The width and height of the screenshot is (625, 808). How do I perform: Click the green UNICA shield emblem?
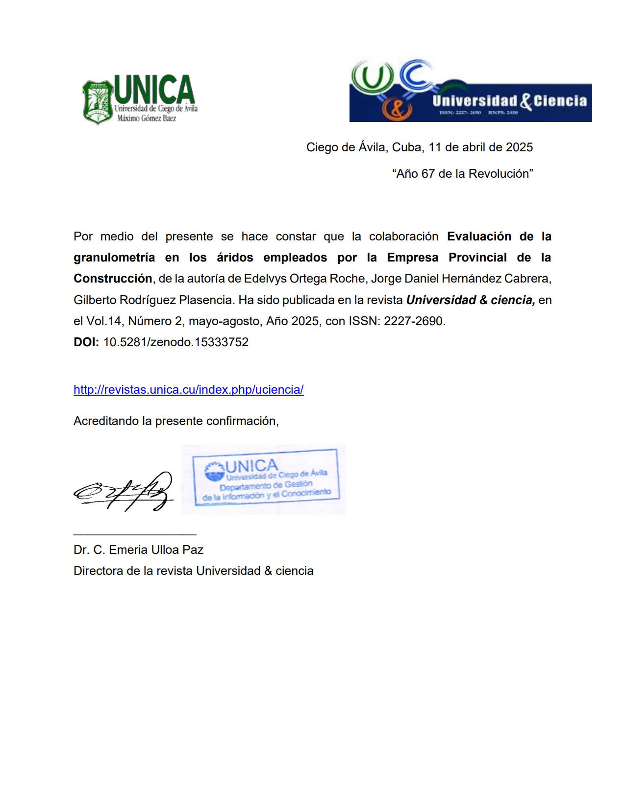click(x=98, y=102)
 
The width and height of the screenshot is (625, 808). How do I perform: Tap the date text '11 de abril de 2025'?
click(x=480, y=147)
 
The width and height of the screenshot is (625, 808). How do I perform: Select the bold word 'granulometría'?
click(x=114, y=258)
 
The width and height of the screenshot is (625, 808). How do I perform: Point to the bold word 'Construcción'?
click(x=113, y=279)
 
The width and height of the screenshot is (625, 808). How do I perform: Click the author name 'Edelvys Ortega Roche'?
click(x=305, y=279)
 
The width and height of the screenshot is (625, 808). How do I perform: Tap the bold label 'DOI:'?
click(x=86, y=342)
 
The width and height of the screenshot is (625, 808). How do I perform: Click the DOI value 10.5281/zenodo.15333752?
click(x=176, y=342)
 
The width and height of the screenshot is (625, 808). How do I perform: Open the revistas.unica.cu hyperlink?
click(x=189, y=390)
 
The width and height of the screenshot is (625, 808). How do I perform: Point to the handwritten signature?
click(x=124, y=491)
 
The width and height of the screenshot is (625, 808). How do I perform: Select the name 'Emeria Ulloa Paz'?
click(x=156, y=550)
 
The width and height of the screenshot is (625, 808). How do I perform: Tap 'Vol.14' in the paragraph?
click(x=103, y=321)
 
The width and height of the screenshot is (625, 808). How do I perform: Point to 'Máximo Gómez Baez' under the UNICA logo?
click(x=147, y=118)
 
